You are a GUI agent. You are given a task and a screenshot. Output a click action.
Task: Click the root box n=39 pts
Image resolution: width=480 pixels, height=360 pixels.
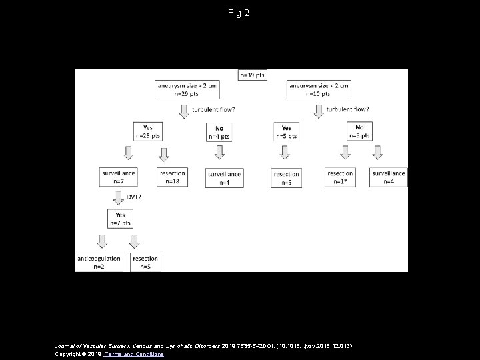(x=251, y=75)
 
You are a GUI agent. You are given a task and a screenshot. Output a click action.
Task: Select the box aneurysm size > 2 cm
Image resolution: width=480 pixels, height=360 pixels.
(x=180, y=89)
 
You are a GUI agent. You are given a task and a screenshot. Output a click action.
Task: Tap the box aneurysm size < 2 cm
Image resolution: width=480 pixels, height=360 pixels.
(x=319, y=89)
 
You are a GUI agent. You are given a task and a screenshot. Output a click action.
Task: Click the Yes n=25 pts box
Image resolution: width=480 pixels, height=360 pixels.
(x=147, y=131)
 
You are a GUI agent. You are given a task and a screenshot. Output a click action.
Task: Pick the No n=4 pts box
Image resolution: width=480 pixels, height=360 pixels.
(x=219, y=132)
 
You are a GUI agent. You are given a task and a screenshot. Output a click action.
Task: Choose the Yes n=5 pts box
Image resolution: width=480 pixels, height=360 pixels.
(x=286, y=132)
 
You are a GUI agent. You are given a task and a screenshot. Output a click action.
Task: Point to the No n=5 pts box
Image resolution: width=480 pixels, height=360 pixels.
(x=359, y=131)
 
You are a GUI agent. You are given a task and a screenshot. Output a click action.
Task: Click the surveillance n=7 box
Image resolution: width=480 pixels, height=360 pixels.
(x=119, y=177)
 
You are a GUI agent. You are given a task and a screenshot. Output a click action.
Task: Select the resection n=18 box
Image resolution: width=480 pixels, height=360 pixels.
(x=173, y=177)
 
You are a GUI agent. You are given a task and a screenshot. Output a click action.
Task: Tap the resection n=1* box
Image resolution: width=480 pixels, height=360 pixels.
(x=340, y=177)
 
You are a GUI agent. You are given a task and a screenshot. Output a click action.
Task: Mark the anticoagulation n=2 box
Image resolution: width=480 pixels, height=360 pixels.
(x=99, y=261)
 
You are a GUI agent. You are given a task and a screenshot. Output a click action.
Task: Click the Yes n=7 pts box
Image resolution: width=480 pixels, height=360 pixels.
(x=120, y=219)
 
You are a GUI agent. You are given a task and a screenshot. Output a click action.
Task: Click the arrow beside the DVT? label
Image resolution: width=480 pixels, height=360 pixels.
(x=118, y=197)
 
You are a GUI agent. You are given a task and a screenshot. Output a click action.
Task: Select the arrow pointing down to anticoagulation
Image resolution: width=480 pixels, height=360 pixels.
(x=103, y=241)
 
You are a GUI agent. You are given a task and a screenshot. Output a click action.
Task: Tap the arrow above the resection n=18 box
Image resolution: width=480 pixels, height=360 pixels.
(x=164, y=153)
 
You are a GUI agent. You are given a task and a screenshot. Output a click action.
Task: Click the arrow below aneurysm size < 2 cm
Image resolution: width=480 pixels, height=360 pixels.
(x=318, y=110)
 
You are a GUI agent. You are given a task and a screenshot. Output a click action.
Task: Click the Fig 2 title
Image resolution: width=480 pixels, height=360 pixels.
(x=238, y=13)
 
